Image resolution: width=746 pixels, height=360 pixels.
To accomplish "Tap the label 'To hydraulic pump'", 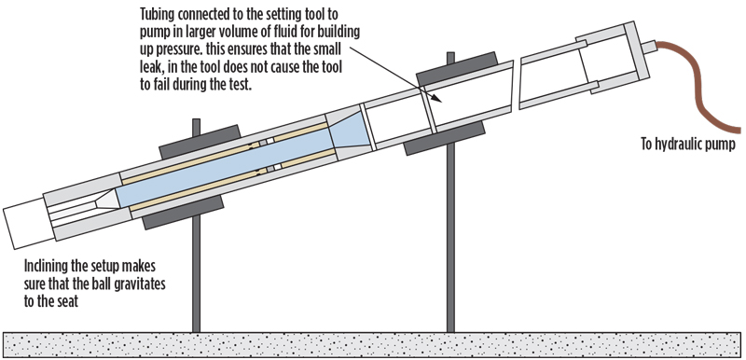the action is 688,145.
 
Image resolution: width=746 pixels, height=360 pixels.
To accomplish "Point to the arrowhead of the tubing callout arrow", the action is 438,99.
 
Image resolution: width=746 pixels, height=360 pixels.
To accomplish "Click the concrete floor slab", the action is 372,345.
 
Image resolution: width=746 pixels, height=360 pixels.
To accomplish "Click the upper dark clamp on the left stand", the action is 200,142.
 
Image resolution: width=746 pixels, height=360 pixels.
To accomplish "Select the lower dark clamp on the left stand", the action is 183,213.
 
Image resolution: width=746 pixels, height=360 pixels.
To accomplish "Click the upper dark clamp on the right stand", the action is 457,69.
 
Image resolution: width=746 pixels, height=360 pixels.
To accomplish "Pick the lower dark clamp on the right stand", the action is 445,138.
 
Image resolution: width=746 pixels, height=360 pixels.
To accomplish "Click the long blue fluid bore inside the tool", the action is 224,168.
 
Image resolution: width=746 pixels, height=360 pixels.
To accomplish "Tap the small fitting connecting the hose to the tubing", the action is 648,47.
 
